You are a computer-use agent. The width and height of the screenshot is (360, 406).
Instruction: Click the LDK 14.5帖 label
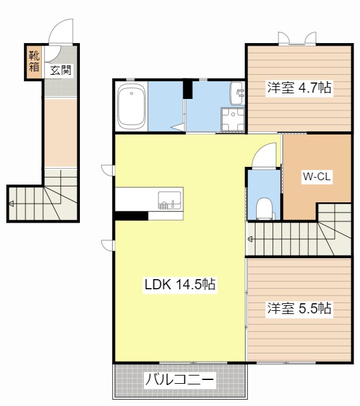click(180, 285)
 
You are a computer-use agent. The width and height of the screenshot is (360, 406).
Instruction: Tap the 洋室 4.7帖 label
click(299, 88)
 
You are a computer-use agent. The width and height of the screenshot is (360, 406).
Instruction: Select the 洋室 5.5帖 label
click(299, 309)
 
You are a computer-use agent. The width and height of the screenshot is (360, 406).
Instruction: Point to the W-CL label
click(316, 177)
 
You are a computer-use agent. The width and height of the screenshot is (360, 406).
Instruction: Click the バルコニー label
click(179, 381)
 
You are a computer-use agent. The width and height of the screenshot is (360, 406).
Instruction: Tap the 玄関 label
click(61, 70)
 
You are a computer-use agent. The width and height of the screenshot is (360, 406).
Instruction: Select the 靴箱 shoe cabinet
click(34, 62)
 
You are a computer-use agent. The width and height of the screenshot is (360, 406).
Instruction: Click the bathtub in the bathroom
click(132, 106)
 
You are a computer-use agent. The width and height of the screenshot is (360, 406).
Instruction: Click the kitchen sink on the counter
click(169, 200)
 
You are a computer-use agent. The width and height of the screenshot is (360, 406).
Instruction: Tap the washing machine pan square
click(233, 119)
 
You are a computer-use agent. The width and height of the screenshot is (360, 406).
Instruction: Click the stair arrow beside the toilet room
click(251, 239)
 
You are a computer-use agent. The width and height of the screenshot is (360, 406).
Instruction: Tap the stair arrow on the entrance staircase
click(12, 204)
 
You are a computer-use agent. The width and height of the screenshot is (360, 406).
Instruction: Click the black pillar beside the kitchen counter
click(131, 216)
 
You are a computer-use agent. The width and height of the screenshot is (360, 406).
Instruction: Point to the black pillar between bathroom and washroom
click(188, 89)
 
